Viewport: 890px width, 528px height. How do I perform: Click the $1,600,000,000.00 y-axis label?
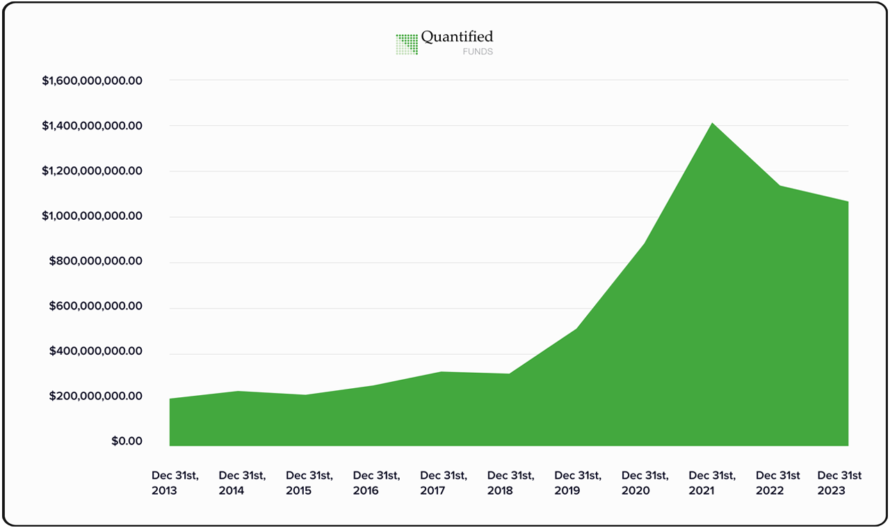pyautogui.click(x=92, y=81)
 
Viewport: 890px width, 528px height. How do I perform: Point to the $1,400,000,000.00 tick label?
pyautogui.click(x=92, y=126)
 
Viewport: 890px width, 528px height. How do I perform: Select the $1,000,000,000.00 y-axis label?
pyautogui.click(x=92, y=216)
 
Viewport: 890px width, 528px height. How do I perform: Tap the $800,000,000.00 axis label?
pyautogui.click(x=96, y=262)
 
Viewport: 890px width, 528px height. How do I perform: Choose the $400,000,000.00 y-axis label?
pyautogui.click(x=96, y=352)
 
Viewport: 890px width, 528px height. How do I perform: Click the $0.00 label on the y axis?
pyautogui.click(x=127, y=442)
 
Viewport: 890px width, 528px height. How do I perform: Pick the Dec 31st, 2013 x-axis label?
pyautogui.click(x=175, y=483)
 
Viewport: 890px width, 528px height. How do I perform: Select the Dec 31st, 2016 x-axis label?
pyautogui.click(x=376, y=483)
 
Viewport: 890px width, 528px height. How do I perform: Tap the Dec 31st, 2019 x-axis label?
pyautogui.click(x=578, y=483)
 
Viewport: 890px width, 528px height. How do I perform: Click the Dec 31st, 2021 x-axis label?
pyautogui.click(x=712, y=483)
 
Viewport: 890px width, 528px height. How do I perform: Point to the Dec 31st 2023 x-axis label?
pyautogui.click(x=839, y=483)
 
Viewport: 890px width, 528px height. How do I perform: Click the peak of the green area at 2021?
pyautogui.click(x=713, y=123)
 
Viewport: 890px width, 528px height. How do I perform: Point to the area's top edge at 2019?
pyautogui.click(x=578, y=328)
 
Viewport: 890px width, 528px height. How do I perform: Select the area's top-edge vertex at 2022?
pyautogui.click(x=780, y=186)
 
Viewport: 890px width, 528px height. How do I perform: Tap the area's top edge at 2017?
pyautogui.click(x=442, y=372)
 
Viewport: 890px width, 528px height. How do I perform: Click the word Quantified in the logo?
pyautogui.click(x=457, y=38)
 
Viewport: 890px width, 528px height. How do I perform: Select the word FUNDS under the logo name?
pyautogui.click(x=478, y=52)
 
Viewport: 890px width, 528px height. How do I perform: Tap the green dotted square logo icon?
pyautogui.click(x=407, y=44)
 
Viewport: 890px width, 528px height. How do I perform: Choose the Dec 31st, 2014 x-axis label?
pyautogui.click(x=242, y=483)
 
